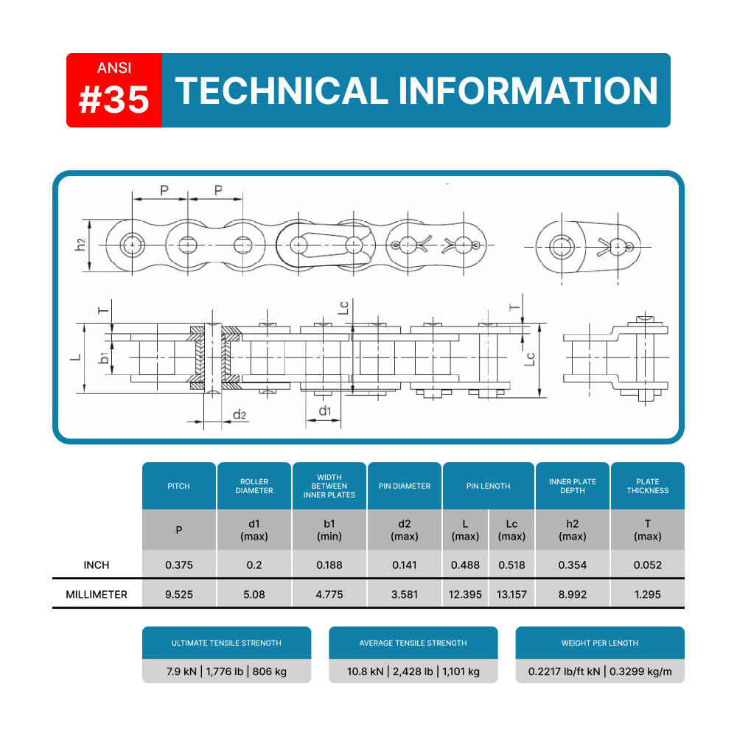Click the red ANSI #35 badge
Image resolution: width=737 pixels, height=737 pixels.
114,90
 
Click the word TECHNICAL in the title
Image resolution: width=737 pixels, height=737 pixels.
282,91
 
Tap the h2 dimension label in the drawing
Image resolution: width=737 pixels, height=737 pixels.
80,245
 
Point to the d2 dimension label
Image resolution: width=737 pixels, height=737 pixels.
240,414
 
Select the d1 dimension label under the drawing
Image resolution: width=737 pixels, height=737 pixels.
325,411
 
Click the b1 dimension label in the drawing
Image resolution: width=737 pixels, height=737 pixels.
104,358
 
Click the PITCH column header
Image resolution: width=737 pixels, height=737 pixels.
178,486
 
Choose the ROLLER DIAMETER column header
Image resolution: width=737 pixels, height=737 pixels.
254,486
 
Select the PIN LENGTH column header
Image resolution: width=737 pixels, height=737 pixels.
489,486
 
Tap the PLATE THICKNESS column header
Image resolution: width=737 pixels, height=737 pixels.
648,486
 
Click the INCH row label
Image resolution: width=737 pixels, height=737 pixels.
97,565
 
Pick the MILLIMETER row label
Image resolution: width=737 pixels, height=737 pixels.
97,595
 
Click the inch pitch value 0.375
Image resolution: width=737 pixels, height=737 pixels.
179,565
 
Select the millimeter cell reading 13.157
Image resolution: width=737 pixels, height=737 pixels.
512,595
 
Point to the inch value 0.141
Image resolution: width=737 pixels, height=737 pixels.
405,565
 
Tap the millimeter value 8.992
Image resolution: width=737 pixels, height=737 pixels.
573,595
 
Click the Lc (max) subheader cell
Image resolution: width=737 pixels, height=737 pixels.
512,530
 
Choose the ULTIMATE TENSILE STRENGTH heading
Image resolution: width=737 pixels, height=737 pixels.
226,643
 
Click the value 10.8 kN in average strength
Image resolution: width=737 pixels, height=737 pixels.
366,671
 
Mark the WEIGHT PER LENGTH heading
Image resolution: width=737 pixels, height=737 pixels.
600,643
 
